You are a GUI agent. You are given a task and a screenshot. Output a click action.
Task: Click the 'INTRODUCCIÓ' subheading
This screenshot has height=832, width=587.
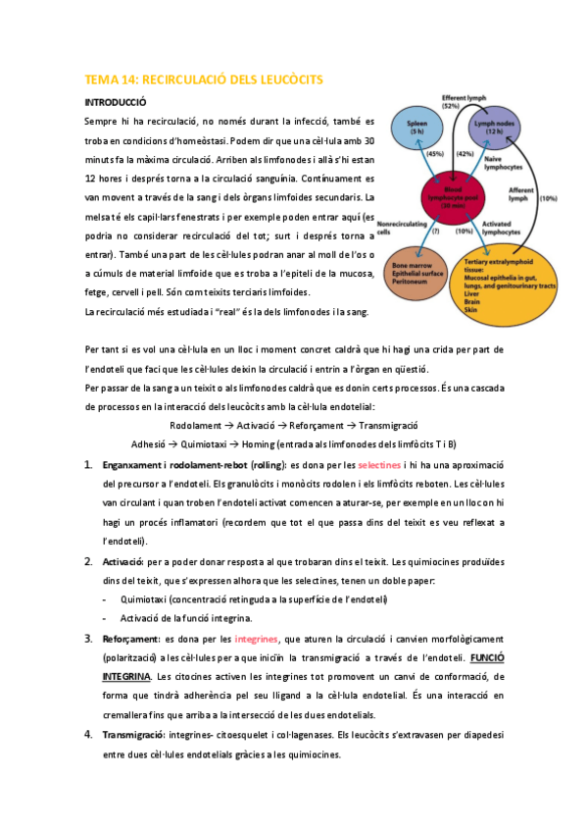click(x=116, y=102)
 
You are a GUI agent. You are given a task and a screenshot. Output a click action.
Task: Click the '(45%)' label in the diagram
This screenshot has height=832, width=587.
click(x=434, y=155)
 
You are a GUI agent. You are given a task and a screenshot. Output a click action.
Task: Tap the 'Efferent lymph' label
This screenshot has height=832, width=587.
click(x=465, y=101)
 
